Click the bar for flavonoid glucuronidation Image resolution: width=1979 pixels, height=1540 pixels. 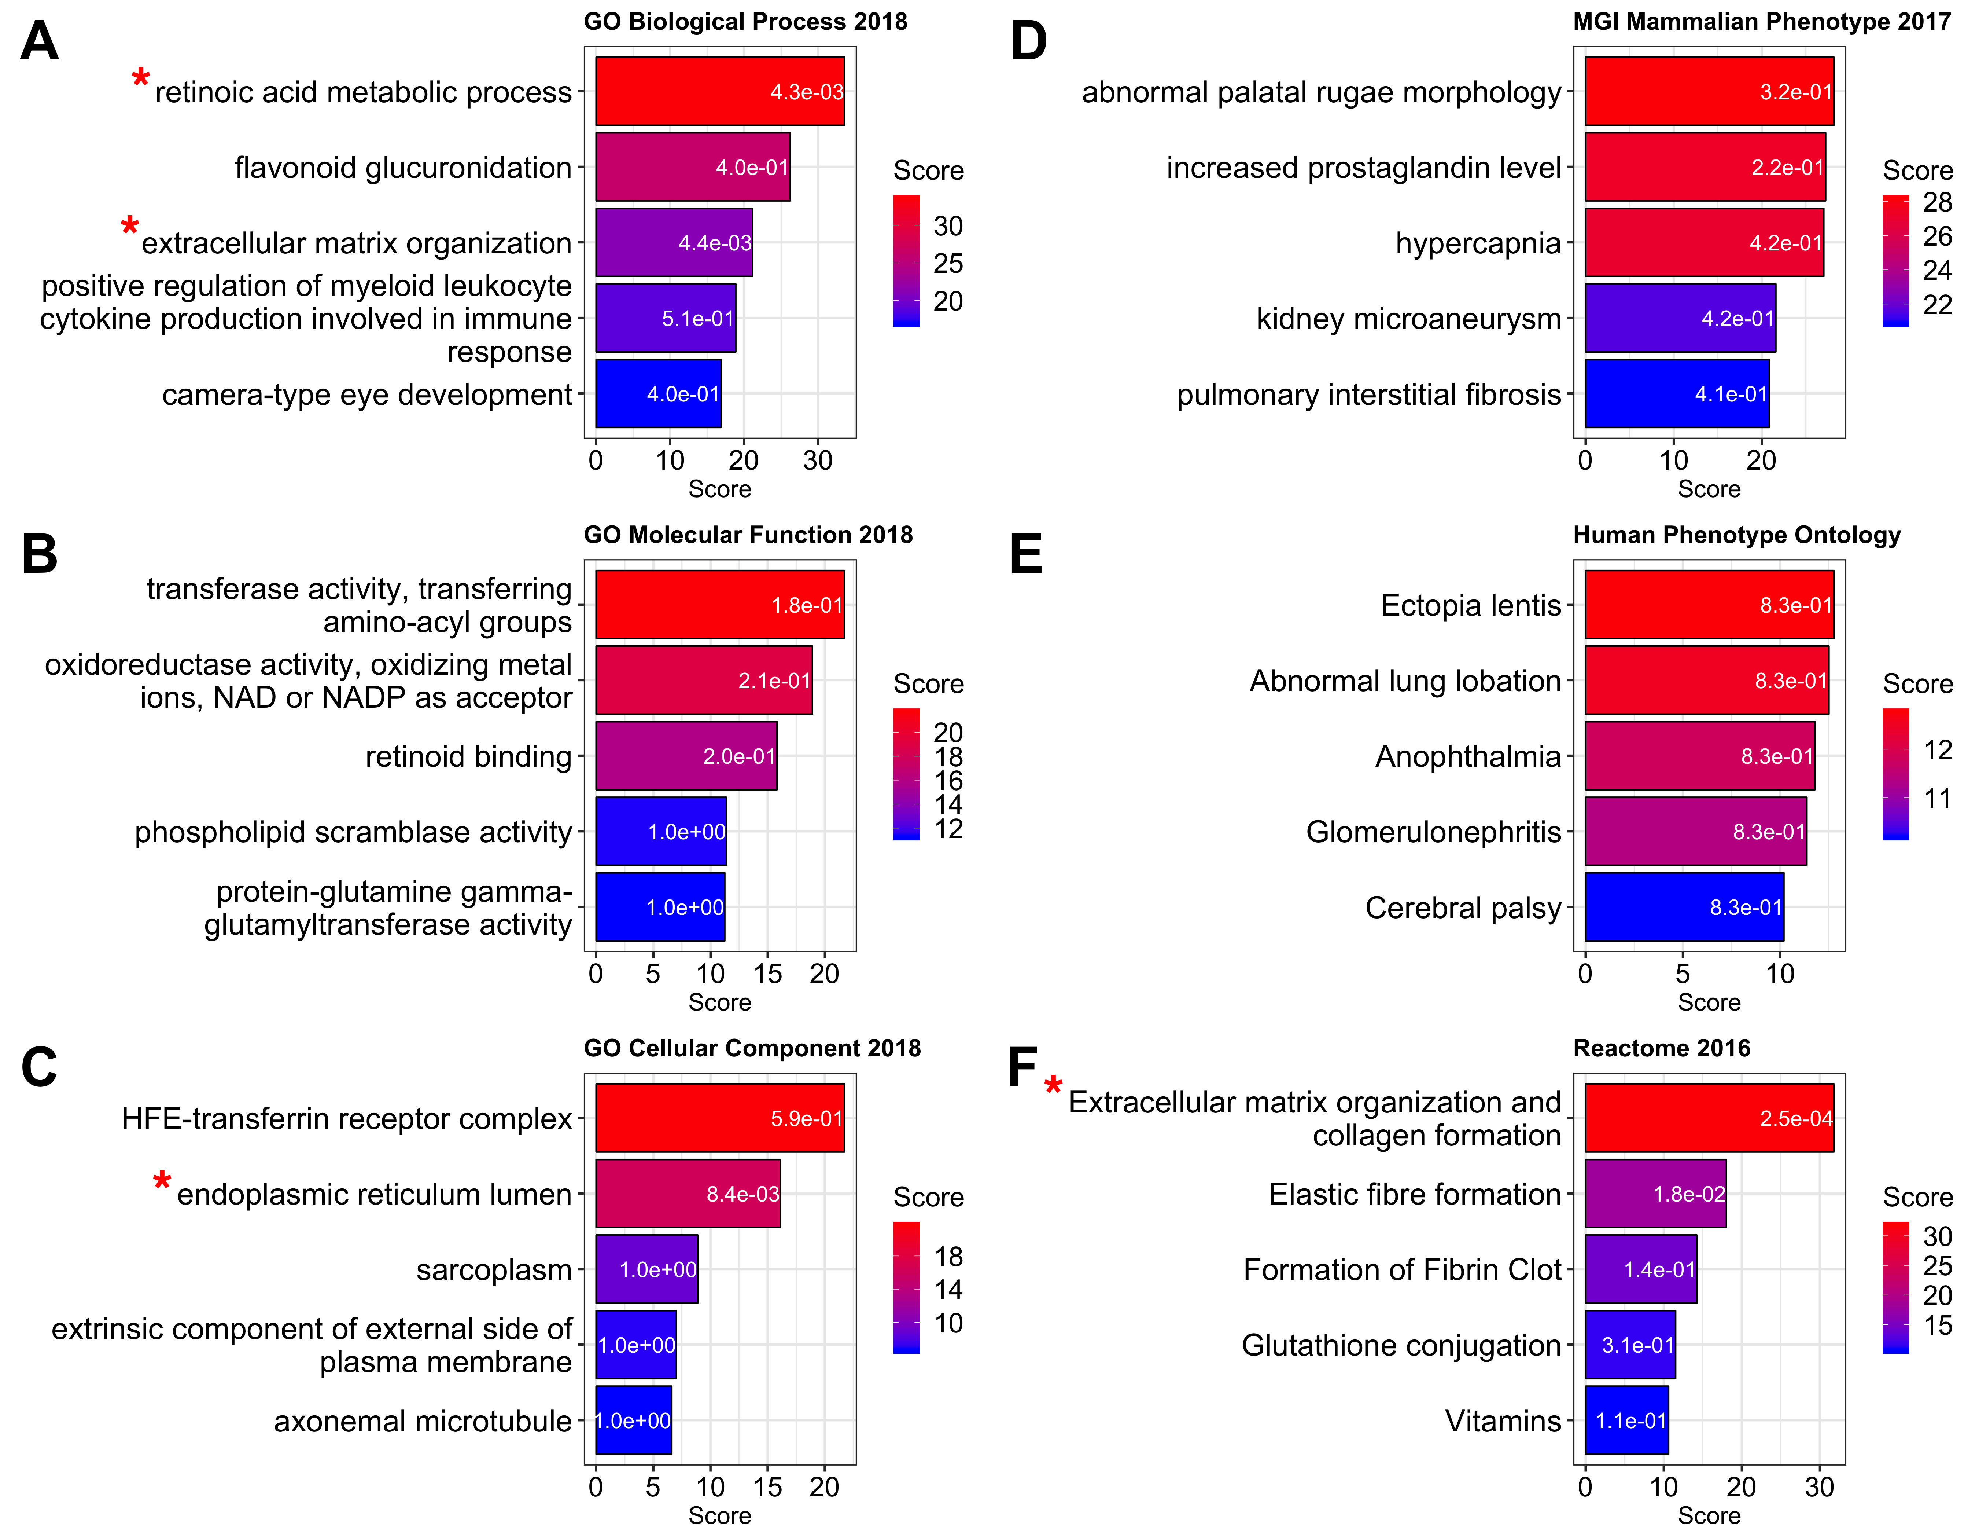692,167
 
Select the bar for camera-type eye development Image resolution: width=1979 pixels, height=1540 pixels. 658,393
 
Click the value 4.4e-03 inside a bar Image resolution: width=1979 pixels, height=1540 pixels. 715,243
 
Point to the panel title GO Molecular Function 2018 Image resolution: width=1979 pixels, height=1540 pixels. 748,535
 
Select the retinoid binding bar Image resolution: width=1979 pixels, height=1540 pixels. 686,756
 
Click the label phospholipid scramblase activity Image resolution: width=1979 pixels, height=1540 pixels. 353,832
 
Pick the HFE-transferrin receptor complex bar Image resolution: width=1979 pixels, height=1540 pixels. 719,1119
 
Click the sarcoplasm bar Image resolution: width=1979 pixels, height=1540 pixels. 646,1269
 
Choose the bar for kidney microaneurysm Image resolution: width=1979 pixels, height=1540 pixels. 1680,318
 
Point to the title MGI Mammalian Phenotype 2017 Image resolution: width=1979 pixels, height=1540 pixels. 1762,22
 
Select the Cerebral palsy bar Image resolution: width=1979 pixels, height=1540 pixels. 1684,907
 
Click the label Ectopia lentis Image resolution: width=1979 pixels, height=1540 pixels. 1471,605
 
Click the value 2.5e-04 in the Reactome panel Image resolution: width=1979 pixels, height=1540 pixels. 1796,1119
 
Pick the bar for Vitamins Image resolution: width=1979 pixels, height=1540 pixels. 1626,1420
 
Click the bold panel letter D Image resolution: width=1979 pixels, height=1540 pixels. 1028,42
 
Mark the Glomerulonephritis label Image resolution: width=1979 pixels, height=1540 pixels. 1434,832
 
